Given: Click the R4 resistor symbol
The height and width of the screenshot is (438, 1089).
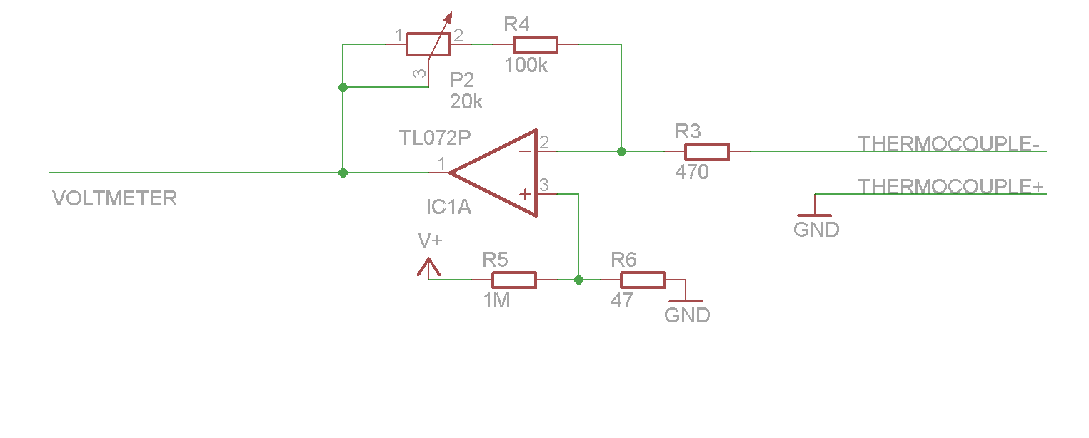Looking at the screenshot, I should click(535, 44).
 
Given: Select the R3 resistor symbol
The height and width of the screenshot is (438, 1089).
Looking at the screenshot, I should click(706, 151).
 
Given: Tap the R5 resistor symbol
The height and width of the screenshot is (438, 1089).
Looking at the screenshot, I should click(513, 280).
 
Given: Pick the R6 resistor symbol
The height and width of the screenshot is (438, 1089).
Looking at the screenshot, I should click(642, 280).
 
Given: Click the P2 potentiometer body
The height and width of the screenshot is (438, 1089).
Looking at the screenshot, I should click(428, 44).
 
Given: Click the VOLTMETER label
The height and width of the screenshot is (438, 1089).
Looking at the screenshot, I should click(114, 198).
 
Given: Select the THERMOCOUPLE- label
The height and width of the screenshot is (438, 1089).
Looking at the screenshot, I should click(948, 144).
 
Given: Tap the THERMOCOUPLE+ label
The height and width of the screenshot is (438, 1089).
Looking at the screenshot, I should click(950, 187).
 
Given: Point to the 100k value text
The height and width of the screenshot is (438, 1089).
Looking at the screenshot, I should click(526, 66).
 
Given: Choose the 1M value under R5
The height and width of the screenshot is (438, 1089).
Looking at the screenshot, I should click(496, 301).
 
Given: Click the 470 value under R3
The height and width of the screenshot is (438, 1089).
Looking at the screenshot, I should click(691, 172).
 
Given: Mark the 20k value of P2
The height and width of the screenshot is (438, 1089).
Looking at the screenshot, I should click(466, 102).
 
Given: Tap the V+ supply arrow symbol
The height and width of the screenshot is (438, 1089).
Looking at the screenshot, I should click(428, 268).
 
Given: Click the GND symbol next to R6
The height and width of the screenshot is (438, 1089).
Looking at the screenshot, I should click(686, 301).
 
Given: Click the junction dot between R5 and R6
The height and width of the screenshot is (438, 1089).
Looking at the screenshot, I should click(578, 280).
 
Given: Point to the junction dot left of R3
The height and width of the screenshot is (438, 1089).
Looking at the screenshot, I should click(621, 151).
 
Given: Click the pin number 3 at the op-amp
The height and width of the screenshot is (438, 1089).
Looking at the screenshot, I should click(544, 185).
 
